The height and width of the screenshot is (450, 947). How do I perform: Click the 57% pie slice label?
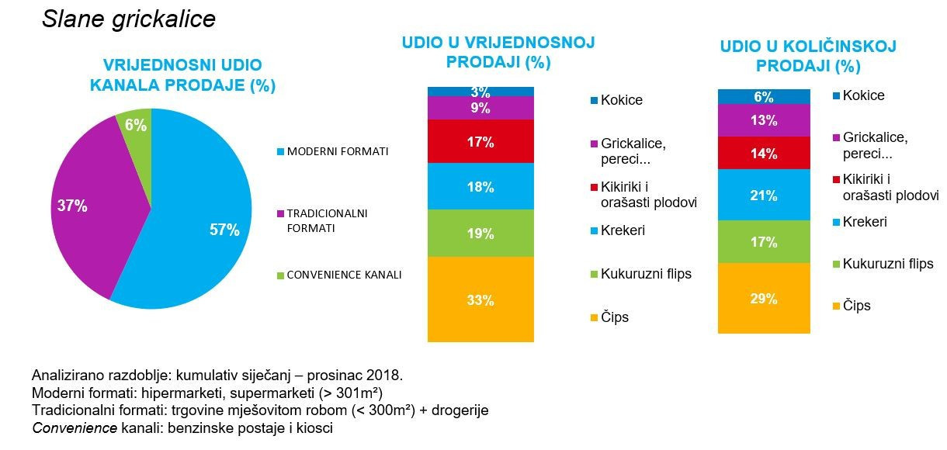tap(224, 230)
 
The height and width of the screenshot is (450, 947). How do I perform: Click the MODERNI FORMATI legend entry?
tap(332, 151)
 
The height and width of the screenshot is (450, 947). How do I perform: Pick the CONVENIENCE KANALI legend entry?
tap(339, 275)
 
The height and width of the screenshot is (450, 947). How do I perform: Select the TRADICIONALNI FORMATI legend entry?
tap(322, 220)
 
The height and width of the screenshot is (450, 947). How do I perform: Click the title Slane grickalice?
tap(129, 19)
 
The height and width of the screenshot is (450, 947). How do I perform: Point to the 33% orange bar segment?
tap(480, 299)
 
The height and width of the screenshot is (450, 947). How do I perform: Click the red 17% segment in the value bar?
tap(480, 141)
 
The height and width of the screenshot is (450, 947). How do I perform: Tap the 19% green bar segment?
tap(480, 233)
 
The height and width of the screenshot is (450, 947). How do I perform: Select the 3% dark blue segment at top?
tap(480, 92)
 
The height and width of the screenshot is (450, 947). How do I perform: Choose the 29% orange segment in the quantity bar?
tap(764, 298)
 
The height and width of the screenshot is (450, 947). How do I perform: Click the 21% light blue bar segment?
tap(764, 195)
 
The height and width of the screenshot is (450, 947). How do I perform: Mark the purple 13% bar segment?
tap(764, 120)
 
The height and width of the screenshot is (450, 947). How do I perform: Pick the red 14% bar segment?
tap(764, 153)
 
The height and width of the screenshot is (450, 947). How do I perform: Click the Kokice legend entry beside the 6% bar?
tap(859, 95)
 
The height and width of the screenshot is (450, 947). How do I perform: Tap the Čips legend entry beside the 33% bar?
tap(609, 317)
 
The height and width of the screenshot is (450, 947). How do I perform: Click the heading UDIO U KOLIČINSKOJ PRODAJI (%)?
tap(808, 56)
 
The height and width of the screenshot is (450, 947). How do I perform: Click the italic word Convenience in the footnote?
tap(75, 428)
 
